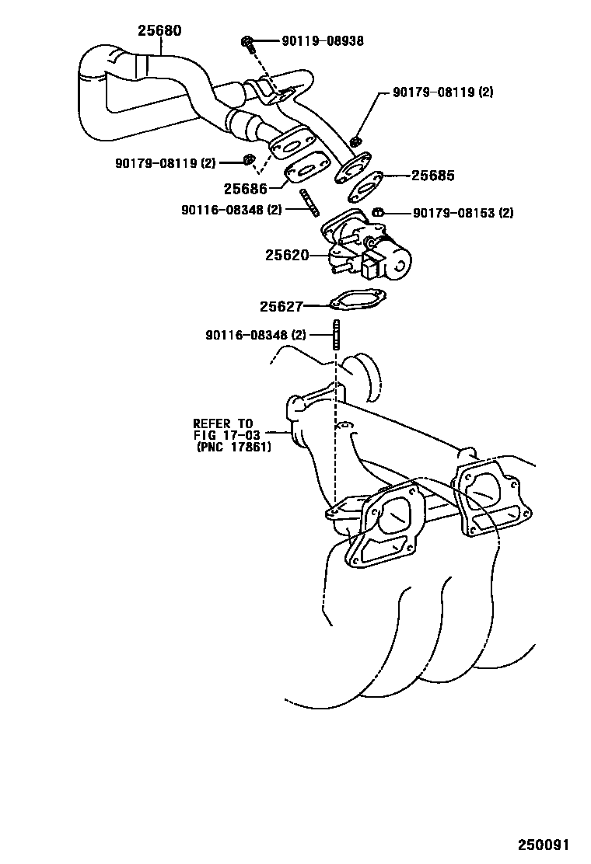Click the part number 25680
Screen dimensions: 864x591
coord(159,31)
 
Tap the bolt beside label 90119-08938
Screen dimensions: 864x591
coord(248,43)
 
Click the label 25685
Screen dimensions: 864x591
coord(432,176)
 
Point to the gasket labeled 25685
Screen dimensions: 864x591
coord(365,187)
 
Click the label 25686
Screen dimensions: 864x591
coord(246,189)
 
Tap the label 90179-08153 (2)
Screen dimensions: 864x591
coord(463,212)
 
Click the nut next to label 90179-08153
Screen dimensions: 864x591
coord(378,211)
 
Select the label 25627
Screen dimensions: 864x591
coord(281,307)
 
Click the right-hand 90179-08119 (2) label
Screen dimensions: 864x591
coord(442,92)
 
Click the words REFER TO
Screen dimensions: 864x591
coord(223,423)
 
